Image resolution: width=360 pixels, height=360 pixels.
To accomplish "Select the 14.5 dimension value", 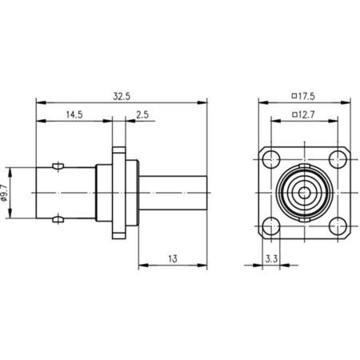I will coord(74,114).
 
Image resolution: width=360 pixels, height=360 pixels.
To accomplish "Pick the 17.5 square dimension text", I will coord(306,96).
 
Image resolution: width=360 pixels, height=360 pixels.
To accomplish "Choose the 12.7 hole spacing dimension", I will coord(306,114).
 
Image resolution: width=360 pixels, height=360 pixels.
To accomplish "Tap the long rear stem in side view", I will coord(174,192).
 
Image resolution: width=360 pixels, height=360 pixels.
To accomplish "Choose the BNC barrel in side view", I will coord(64,192).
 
